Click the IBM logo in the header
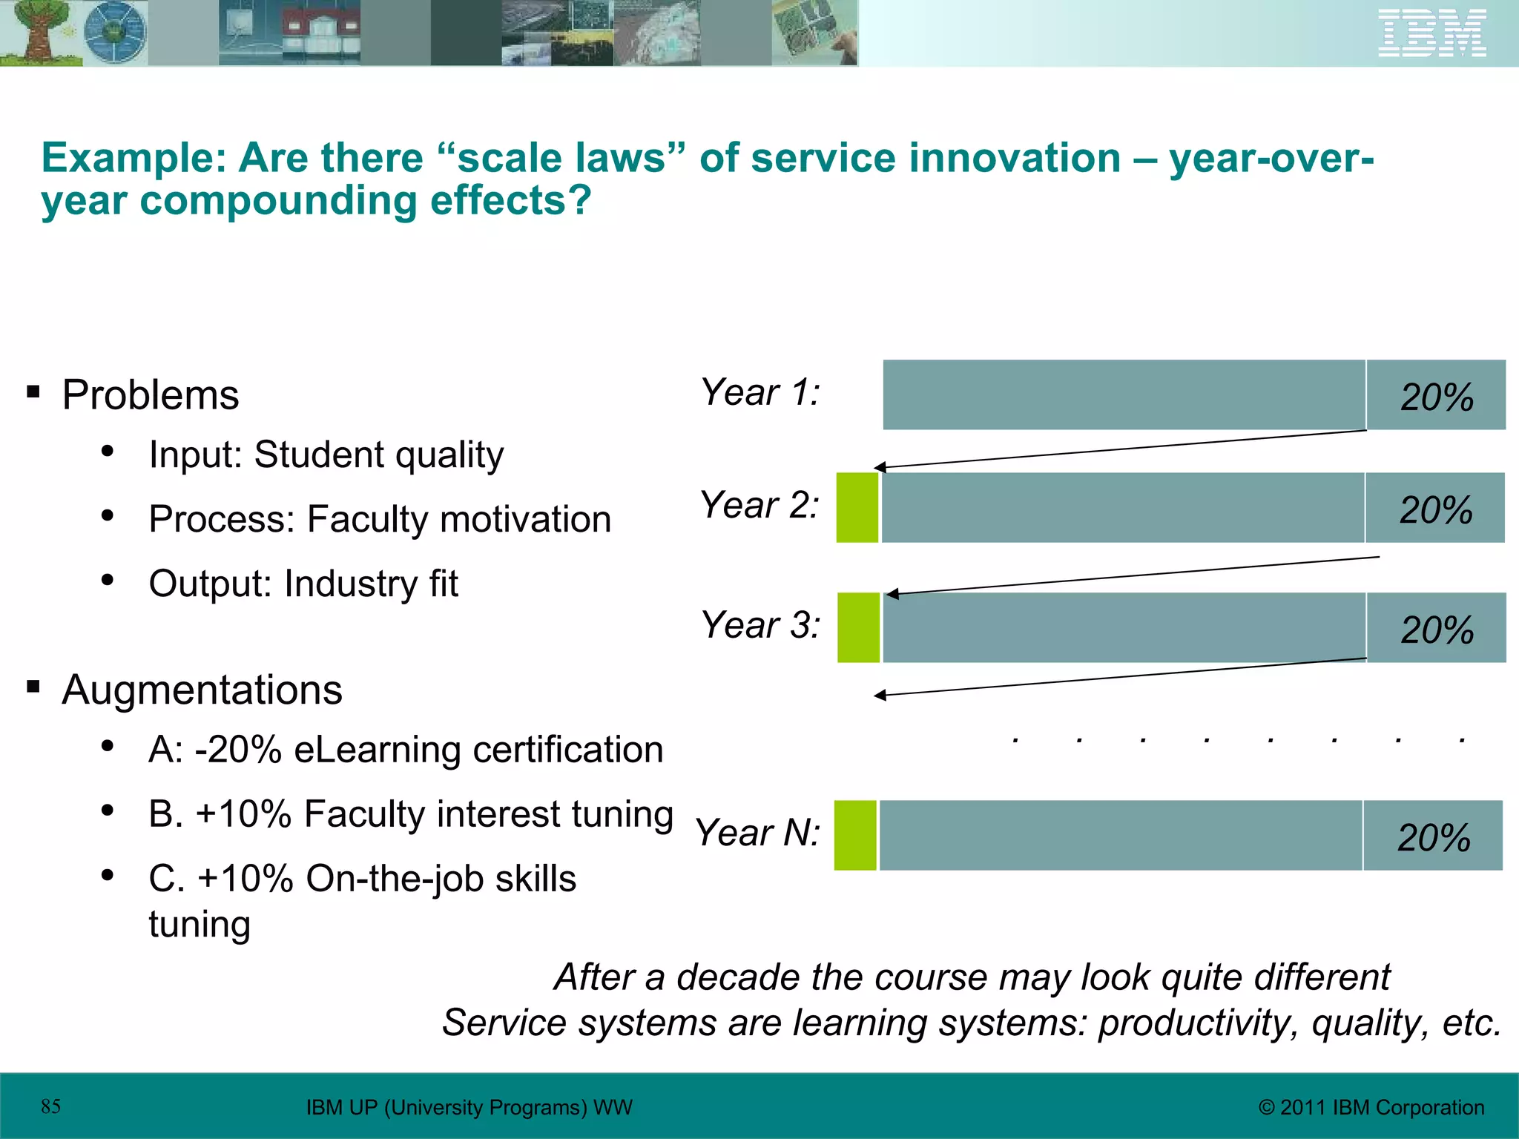coord(1431,33)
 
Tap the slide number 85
coord(50,1106)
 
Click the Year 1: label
coord(759,392)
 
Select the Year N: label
coord(757,833)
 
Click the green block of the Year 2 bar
coord(857,508)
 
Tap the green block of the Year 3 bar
coord(858,627)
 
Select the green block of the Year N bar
coord(855,835)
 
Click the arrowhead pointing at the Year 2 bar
coord(880,467)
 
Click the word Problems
coord(151,394)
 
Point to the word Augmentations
coord(202,690)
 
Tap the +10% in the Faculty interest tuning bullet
coord(243,814)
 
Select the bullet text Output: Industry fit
coord(303,584)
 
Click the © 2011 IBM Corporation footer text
coord(1371,1107)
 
